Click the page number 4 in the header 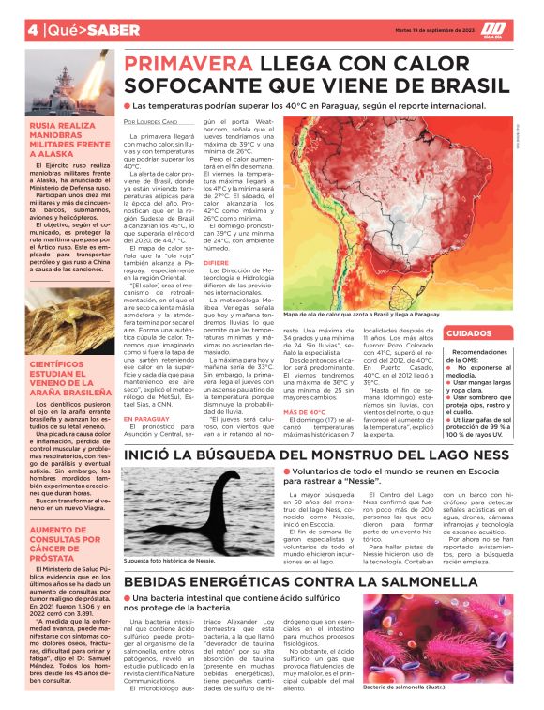click(x=33, y=29)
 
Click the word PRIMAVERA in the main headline click(x=183, y=65)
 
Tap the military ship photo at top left click(x=71, y=80)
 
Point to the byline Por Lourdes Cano click(x=150, y=122)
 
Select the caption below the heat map click(x=387, y=315)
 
